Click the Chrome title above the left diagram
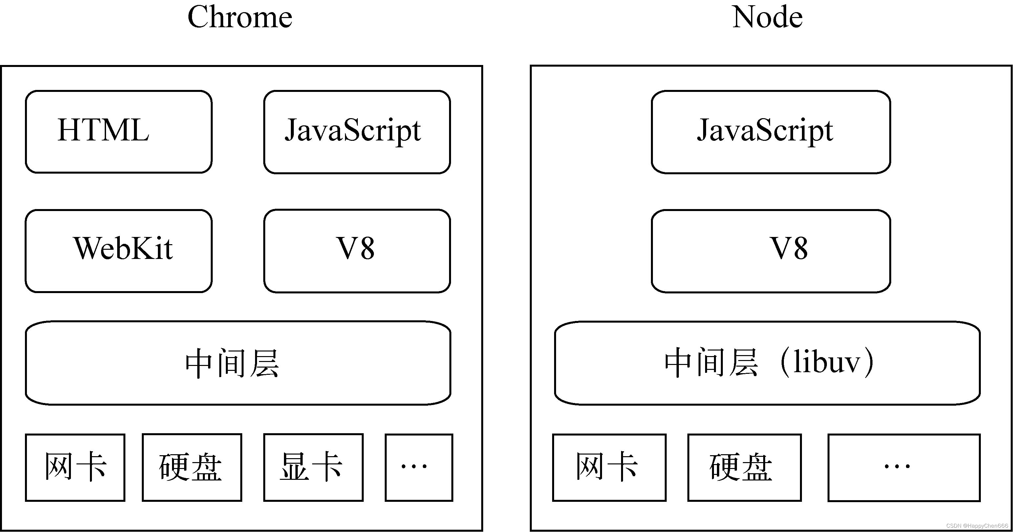coord(240,18)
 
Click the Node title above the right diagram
coord(767,18)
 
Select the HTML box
coord(119,131)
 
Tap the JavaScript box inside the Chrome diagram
coord(357,131)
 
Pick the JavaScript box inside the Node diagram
coord(770,131)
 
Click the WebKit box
coord(119,250)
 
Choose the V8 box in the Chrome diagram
coord(357,250)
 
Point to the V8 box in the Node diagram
coord(770,250)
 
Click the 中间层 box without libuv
coord(238,363)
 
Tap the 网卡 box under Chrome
coord(75,467)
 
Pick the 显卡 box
coord(313,467)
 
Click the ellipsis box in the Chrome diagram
coord(419,467)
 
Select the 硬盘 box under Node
coord(744,467)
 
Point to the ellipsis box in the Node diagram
coord(904,467)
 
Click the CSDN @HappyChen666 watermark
coord(977,526)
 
